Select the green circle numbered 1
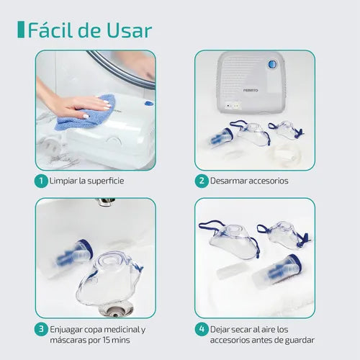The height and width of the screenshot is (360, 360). pyautogui.click(x=43, y=180)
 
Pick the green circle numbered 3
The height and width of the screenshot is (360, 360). pyautogui.click(x=43, y=330)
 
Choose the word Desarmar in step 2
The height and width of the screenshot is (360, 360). pyautogui.click(x=229, y=180)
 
